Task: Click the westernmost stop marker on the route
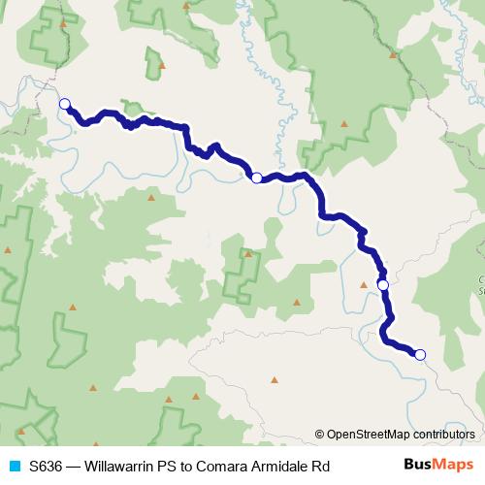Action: (65, 104)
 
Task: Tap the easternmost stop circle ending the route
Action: (420, 355)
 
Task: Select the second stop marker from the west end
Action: (256, 178)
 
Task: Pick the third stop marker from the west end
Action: (383, 284)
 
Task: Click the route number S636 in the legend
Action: (47, 467)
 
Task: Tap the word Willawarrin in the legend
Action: (120, 467)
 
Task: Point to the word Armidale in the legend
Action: (281, 467)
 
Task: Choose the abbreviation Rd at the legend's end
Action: (322, 467)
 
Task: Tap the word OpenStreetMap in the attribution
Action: (369, 434)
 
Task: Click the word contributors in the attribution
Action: (442, 434)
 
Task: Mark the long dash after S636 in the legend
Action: (76, 467)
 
